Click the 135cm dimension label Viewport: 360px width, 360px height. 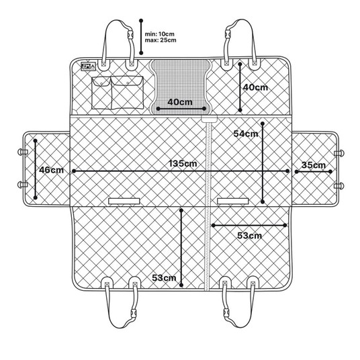coord(183,163)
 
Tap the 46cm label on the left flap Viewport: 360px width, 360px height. coord(51,170)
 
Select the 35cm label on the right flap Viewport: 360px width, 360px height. coord(314,165)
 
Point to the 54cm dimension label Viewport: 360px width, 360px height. coord(246,134)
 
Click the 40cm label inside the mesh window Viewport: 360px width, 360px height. coord(180,101)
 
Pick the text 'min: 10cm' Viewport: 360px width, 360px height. coord(160,34)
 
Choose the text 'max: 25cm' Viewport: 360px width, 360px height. coord(161,40)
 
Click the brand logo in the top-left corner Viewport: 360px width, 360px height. coord(88,66)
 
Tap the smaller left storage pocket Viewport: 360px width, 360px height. coord(101,93)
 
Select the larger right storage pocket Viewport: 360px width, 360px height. coord(127,92)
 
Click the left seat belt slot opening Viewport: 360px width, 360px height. coord(124,201)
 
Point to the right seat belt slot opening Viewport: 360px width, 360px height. coord(233,201)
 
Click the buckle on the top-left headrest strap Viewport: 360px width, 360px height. coord(130,34)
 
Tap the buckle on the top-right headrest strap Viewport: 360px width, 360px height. coord(228,34)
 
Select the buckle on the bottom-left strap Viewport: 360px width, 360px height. coord(134,314)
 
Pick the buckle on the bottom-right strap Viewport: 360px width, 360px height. coord(226,314)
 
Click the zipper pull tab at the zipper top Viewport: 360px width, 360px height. coord(209,119)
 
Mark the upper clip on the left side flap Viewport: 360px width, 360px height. coord(23,152)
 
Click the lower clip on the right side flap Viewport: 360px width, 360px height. coord(339,186)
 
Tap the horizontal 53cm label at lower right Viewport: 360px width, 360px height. coord(249,235)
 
